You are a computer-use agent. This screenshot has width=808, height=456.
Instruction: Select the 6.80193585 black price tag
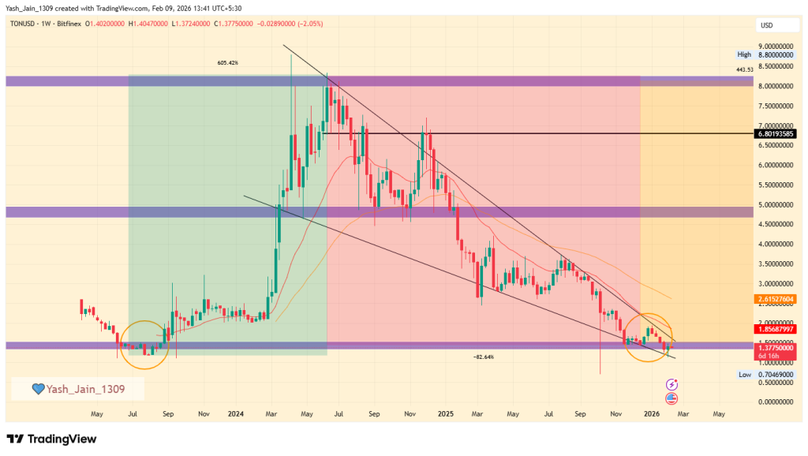pos(776,133)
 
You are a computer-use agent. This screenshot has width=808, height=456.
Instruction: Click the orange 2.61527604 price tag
pos(776,299)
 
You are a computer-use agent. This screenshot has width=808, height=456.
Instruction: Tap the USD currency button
pos(766,25)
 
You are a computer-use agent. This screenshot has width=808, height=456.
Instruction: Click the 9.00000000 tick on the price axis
pos(776,47)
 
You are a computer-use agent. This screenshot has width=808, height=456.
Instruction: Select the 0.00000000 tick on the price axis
pos(776,402)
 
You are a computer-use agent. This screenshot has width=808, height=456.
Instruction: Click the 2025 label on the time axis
pos(445,413)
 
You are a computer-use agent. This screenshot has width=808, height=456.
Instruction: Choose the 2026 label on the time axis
pos(652,413)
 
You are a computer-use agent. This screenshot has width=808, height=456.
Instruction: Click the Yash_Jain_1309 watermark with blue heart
pos(77,388)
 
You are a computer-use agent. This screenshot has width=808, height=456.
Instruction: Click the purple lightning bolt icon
pos(672,384)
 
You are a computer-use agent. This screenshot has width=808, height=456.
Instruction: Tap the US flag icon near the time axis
pos(672,398)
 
